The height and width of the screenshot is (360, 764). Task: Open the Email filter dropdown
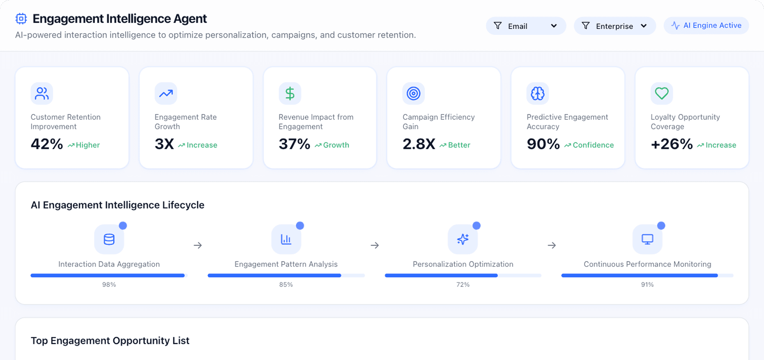click(x=525, y=26)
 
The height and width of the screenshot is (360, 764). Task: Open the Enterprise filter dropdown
click(x=614, y=26)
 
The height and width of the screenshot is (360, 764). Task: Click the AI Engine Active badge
click(x=706, y=25)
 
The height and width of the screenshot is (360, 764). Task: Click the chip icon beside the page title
click(x=21, y=18)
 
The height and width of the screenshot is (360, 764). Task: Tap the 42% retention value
click(x=47, y=144)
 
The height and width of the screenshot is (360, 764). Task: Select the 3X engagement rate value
click(x=164, y=144)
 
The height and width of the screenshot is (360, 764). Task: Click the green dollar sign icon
click(x=290, y=94)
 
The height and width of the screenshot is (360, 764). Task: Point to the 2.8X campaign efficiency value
click(x=419, y=144)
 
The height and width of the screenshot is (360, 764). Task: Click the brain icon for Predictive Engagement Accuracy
click(x=537, y=94)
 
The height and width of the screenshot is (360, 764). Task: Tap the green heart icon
click(x=661, y=93)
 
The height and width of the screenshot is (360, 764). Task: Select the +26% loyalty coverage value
click(x=672, y=144)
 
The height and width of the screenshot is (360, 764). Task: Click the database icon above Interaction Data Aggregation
click(x=109, y=239)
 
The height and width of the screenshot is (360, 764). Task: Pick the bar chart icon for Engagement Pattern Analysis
click(x=286, y=239)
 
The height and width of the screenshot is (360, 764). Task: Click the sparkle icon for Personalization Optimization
click(x=463, y=239)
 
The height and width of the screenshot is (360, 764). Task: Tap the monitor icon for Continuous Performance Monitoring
click(x=647, y=239)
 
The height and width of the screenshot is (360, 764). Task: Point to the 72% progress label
click(x=463, y=284)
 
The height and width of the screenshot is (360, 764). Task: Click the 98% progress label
click(x=109, y=284)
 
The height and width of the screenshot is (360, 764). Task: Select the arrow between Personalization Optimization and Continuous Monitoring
click(x=552, y=245)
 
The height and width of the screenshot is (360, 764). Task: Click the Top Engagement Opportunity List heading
click(x=110, y=341)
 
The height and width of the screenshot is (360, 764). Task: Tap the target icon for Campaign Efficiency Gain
click(x=413, y=94)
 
